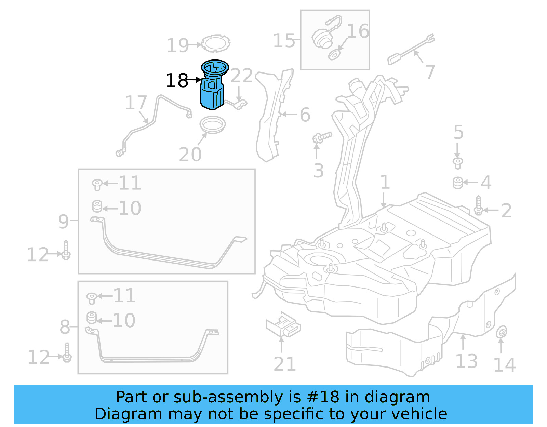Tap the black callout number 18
click(x=177, y=81)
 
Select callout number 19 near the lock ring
click(x=177, y=45)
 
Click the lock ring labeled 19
click(x=216, y=43)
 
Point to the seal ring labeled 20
click(x=212, y=125)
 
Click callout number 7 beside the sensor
click(x=430, y=72)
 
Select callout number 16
click(x=358, y=31)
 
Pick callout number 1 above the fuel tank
click(x=385, y=182)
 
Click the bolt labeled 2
click(x=478, y=205)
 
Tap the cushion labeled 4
click(x=458, y=183)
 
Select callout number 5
click(x=458, y=132)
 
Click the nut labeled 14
click(x=502, y=332)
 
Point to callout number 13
click(x=466, y=361)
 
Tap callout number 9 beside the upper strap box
click(x=64, y=222)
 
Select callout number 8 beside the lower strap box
click(x=65, y=327)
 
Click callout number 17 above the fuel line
click(x=136, y=103)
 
